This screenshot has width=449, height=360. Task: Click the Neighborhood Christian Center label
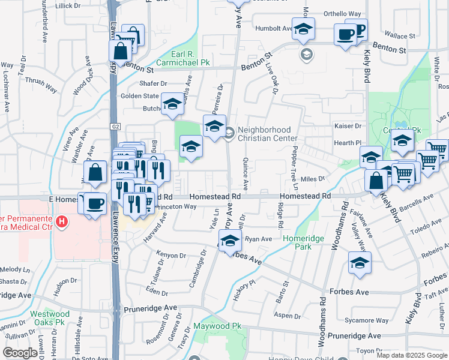tap(264, 134)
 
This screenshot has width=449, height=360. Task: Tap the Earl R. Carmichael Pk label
tap(182, 58)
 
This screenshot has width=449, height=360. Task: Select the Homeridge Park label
tap(303, 242)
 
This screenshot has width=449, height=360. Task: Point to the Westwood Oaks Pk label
tap(50, 318)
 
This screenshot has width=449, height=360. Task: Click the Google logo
tap(20, 353)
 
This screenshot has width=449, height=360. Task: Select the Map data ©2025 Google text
tap(412, 355)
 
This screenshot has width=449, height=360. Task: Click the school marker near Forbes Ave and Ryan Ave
tap(229, 241)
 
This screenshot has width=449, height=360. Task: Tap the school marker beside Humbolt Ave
tap(304, 28)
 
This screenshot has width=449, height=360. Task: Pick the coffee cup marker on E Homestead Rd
tap(94, 203)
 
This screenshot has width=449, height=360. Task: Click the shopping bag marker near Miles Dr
tap(376, 180)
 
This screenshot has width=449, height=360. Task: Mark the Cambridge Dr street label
tap(200, 267)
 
